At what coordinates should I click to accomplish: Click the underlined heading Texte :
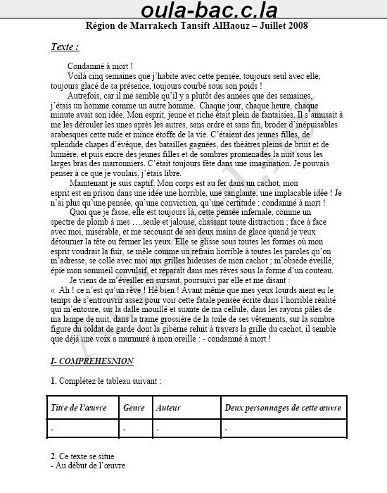[x=65, y=47]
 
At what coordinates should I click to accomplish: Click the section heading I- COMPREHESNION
[x=92, y=361]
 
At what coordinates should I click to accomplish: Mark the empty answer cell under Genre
[x=134, y=428]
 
